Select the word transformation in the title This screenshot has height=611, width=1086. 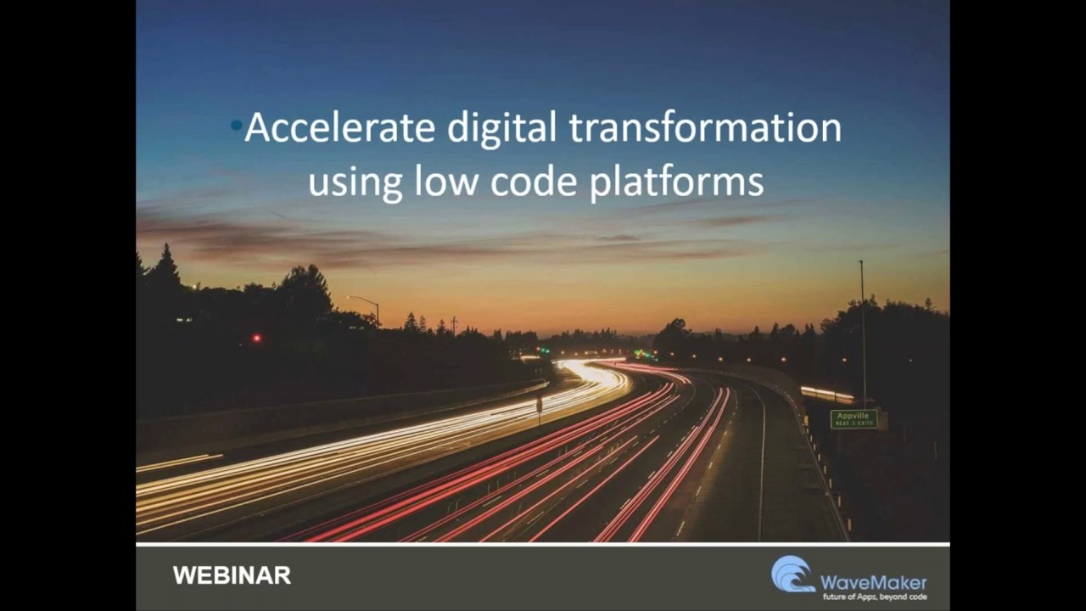(705, 128)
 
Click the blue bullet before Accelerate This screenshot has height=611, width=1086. (236, 126)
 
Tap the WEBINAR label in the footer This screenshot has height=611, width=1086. (232, 575)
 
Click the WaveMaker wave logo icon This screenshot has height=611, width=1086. (792, 574)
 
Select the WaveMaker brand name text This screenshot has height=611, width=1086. (873, 582)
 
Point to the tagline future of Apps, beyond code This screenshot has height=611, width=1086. (875, 597)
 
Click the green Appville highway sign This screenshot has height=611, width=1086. (854, 419)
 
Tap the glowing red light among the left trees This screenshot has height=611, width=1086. (256, 338)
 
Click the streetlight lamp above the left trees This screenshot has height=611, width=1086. (350, 298)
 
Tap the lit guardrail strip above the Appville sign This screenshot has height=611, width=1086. (827, 395)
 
